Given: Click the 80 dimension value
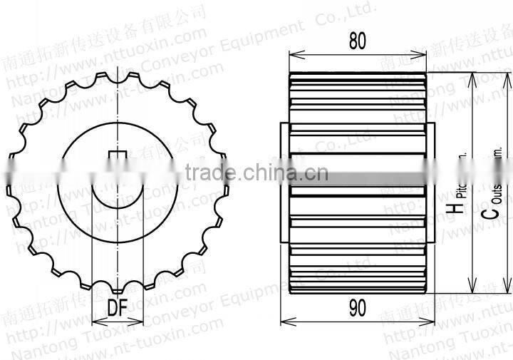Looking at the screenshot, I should click(358, 41).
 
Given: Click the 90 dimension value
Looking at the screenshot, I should click(358, 308).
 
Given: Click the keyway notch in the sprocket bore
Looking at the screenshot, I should click(117, 158).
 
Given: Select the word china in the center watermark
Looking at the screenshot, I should click(265, 172).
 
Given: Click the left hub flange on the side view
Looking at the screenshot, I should click(285, 182).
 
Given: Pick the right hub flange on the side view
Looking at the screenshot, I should click(430, 182).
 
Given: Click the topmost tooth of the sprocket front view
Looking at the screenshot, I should click(118, 71).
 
